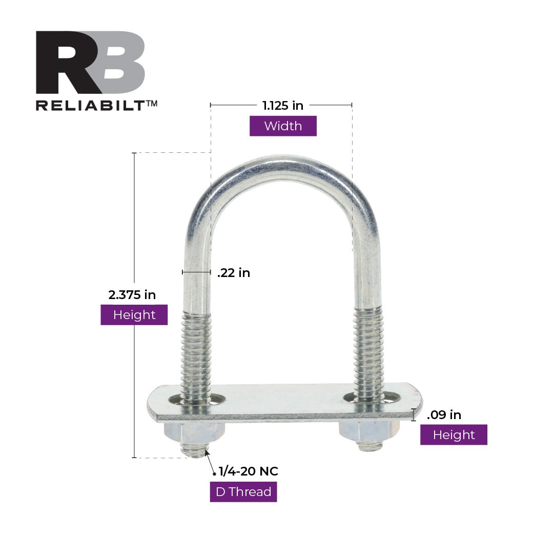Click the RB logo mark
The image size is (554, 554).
point(90,62)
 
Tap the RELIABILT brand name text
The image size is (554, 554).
point(90,105)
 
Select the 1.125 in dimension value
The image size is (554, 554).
point(283,106)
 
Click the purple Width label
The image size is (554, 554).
point(283,126)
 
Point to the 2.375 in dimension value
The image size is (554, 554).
point(132,295)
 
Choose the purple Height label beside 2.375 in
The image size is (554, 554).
point(134,314)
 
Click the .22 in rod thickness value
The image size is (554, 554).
point(234,273)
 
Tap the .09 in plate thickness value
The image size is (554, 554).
point(444,414)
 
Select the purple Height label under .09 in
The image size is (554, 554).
point(454,435)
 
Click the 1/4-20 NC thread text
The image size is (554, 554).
point(249,471)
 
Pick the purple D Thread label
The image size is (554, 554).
point(243,492)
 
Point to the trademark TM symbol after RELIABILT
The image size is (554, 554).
point(152,103)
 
